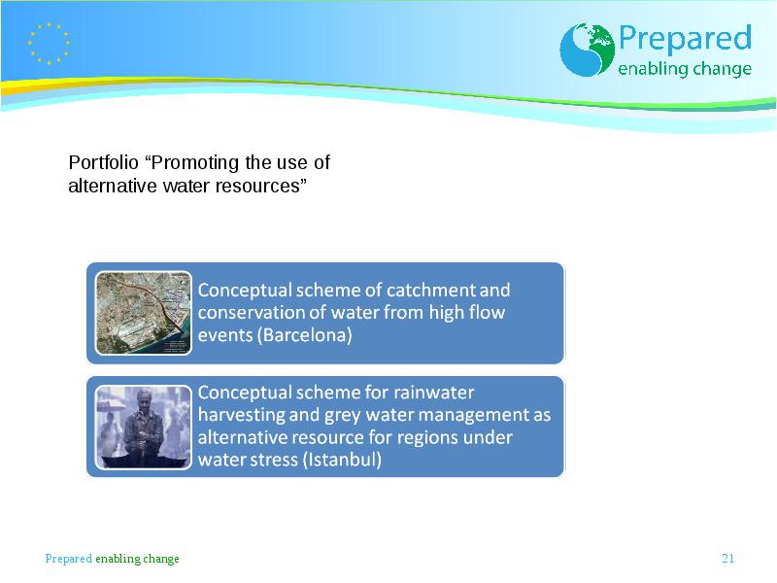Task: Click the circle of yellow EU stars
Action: coord(49,44)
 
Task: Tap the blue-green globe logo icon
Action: coord(588,50)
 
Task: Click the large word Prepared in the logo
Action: coord(685,38)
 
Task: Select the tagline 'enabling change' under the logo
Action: coord(685,69)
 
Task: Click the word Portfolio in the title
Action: coord(103,162)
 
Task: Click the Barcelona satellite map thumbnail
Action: coord(143,313)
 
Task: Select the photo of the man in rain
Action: coord(143,427)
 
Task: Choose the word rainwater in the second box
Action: coord(433,393)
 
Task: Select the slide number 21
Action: coord(727,558)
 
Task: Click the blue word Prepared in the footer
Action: coord(68,559)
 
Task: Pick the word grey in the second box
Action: coord(342,416)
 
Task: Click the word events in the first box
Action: coord(225,335)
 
